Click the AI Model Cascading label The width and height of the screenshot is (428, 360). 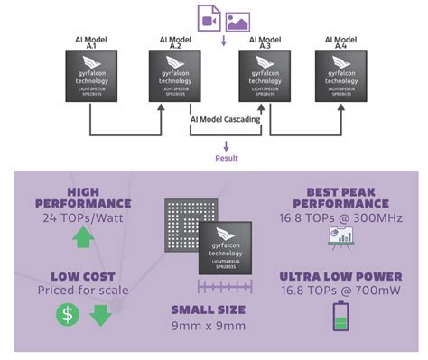pos(226,119)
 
